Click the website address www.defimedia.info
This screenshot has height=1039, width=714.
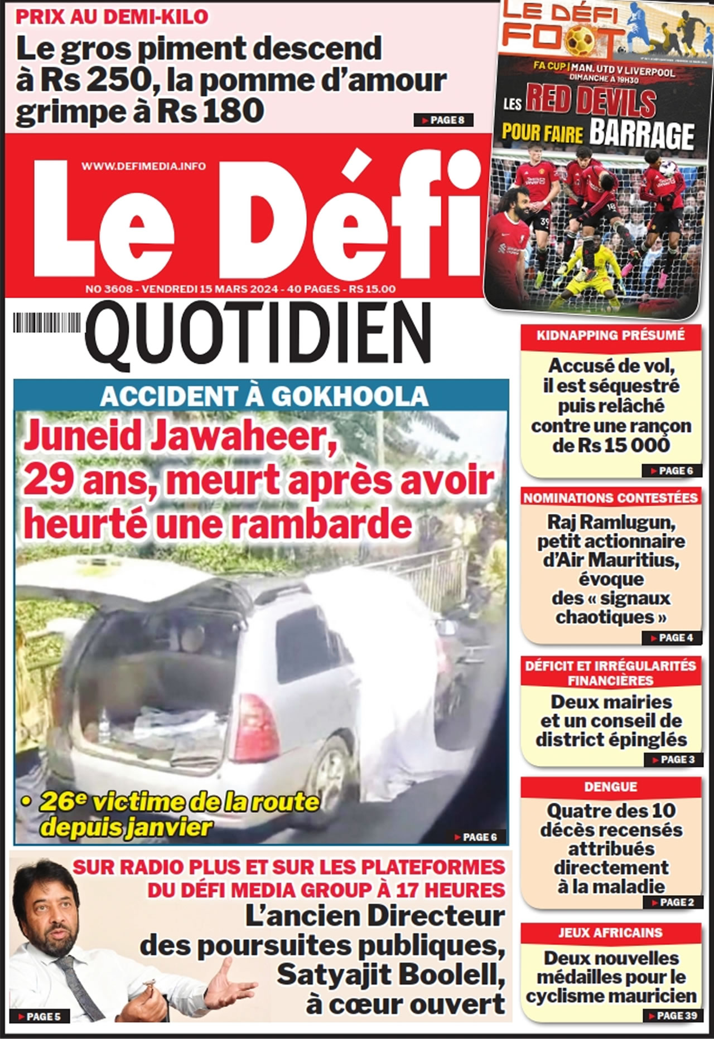point(143,166)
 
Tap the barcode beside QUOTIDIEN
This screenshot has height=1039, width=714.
point(47,323)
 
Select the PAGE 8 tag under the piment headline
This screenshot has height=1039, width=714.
point(443,120)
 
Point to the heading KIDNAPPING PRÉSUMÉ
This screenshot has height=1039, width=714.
point(610,335)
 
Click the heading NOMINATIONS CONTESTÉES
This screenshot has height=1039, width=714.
point(610,498)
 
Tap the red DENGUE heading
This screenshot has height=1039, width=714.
point(610,786)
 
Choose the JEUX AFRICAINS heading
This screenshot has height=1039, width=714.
point(610,933)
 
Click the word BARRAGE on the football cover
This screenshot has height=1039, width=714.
point(641,134)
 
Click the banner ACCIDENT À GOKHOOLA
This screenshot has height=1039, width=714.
point(264,396)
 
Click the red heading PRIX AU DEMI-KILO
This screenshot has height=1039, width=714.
point(112,17)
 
